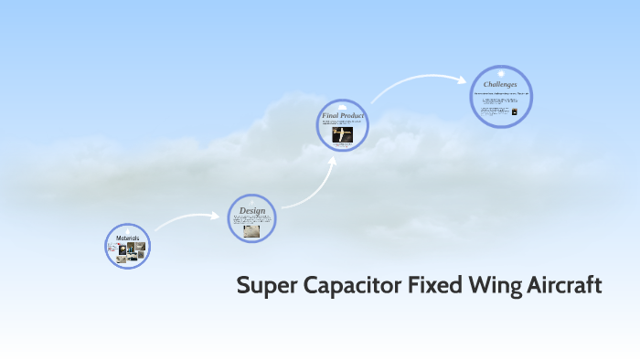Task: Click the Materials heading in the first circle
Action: point(127,238)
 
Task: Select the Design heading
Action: point(251,211)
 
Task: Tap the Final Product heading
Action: point(343,116)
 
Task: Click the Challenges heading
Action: point(500,84)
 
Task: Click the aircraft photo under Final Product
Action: point(342,134)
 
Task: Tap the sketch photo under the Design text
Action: point(251,231)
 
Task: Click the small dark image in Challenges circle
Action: point(514,112)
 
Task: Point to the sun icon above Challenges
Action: point(500,73)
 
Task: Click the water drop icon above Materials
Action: point(127,230)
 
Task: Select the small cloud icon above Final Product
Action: point(343,108)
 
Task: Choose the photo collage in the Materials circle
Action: point(127,250)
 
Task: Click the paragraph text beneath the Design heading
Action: point(251,220)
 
